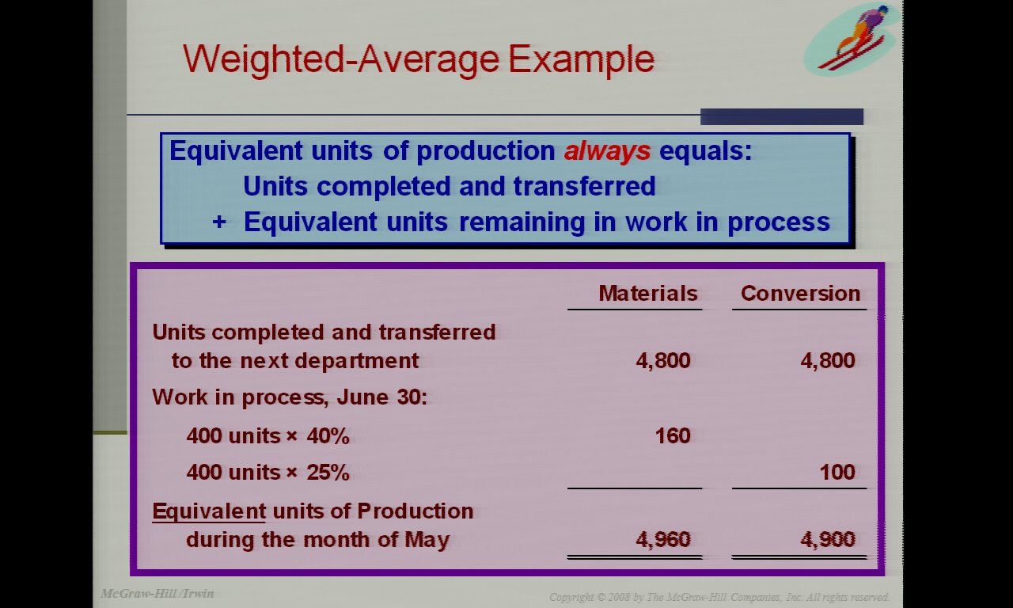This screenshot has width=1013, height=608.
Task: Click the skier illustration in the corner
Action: (x=849, y=38)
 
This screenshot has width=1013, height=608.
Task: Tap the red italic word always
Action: (x=607, y=151)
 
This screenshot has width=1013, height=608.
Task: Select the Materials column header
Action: (x=648, y=293)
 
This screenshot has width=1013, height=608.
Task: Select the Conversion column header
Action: (x=800, y=293)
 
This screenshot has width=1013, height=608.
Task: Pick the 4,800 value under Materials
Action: (x=663, y=360)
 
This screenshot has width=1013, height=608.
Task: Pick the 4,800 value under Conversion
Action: (x=828, y=360)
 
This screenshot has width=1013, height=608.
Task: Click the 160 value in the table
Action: (x=673, y=435)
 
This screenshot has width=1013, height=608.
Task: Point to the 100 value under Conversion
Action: (x=837, y=472)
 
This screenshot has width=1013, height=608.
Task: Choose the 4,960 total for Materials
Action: (x=663, y=539)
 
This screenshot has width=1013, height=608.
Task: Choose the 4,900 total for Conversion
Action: (x=828, y=539)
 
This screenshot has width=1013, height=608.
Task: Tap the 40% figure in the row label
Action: (x=328, y=436)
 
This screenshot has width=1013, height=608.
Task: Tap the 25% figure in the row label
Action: (x=328, y=473)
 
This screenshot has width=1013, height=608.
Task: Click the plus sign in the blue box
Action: (x=219, y=222)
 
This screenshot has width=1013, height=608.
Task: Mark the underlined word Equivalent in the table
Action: (x=209, y=511)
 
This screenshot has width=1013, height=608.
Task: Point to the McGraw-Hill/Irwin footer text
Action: (x=157, y=593)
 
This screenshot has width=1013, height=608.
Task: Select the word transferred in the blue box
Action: (x=584, y=186)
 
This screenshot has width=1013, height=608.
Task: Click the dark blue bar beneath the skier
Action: (x=781, y=116)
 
